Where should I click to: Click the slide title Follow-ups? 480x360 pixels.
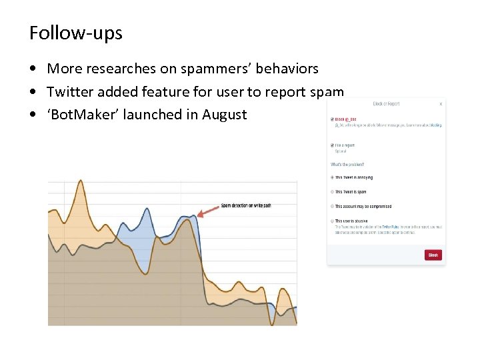76,33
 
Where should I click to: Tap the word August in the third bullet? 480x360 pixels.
223,115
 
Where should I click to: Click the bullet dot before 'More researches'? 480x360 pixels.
33,69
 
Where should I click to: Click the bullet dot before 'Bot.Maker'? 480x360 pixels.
33,115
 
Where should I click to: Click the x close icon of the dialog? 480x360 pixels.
441,104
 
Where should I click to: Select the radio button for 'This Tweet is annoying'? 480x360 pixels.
332,177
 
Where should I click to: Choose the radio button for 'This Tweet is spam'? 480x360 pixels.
332,192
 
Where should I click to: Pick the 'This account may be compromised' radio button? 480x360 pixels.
332,207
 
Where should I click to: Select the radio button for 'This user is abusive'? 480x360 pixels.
332,221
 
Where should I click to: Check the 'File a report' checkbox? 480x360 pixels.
332,145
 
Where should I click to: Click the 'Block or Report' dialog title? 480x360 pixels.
386,104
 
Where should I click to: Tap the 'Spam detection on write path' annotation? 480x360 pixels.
246,205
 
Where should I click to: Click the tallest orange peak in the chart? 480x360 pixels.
80,181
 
